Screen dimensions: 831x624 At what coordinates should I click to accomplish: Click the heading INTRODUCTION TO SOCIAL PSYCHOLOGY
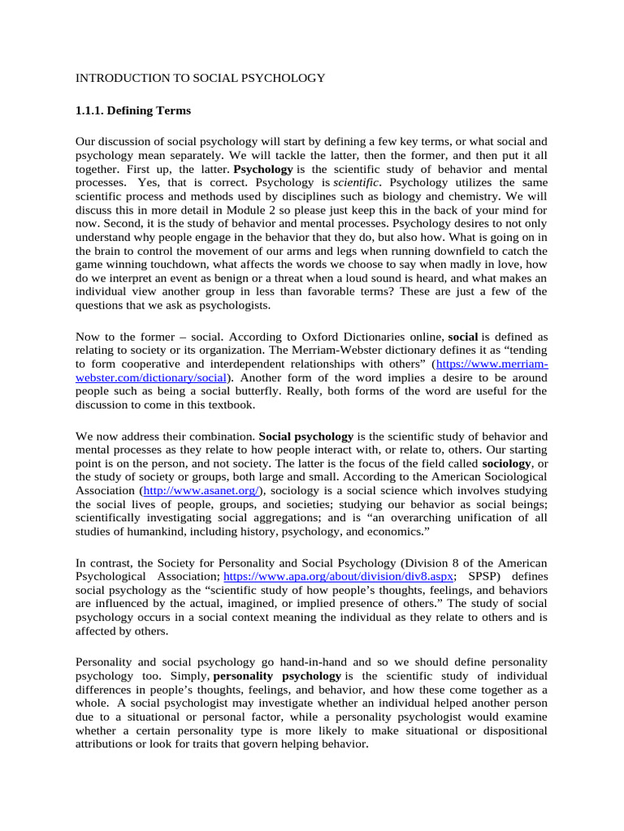pos(200,78)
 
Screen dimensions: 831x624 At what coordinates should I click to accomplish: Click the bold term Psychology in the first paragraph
pos(263,170)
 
